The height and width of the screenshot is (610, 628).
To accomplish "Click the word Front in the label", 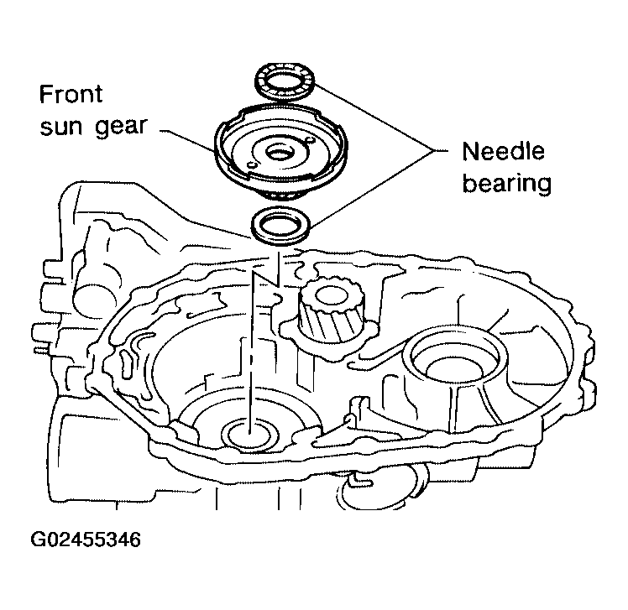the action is [x=71, y=94].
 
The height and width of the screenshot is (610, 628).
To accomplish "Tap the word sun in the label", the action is [x=61, y=127].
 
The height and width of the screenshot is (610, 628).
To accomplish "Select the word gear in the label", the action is [x=122, y=128].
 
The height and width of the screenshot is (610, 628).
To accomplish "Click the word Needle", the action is [x=504, y=151].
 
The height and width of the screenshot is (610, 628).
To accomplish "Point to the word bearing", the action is [x=507, y=184].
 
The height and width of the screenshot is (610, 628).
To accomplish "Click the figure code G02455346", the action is [x=86, y=540].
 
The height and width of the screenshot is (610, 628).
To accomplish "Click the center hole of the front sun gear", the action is [x=280, y=153].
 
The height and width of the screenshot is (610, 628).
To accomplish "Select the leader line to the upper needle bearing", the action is [x=374, y=117].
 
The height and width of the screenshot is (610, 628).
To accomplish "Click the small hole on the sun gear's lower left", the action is [x=252, y=164].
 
